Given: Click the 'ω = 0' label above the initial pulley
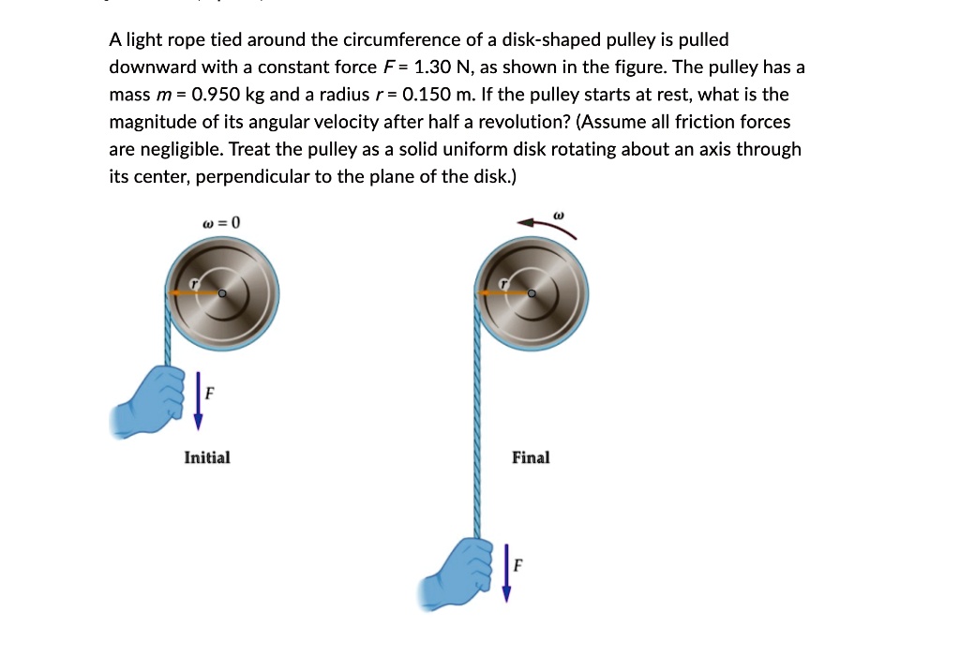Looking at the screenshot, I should point(221,223).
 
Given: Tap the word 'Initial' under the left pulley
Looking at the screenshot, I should point(207,457).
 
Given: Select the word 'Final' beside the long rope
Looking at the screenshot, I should point(531,457).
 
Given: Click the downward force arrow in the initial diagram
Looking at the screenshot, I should point(197,399).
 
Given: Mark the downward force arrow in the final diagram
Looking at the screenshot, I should point(506,570).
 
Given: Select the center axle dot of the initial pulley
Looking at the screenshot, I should point(221,293).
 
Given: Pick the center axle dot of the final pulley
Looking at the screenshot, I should point(531,293).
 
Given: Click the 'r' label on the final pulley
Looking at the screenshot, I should point(505,281).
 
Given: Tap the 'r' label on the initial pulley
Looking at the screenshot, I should point(195,281).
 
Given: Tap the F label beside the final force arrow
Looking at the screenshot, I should point(518,565).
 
